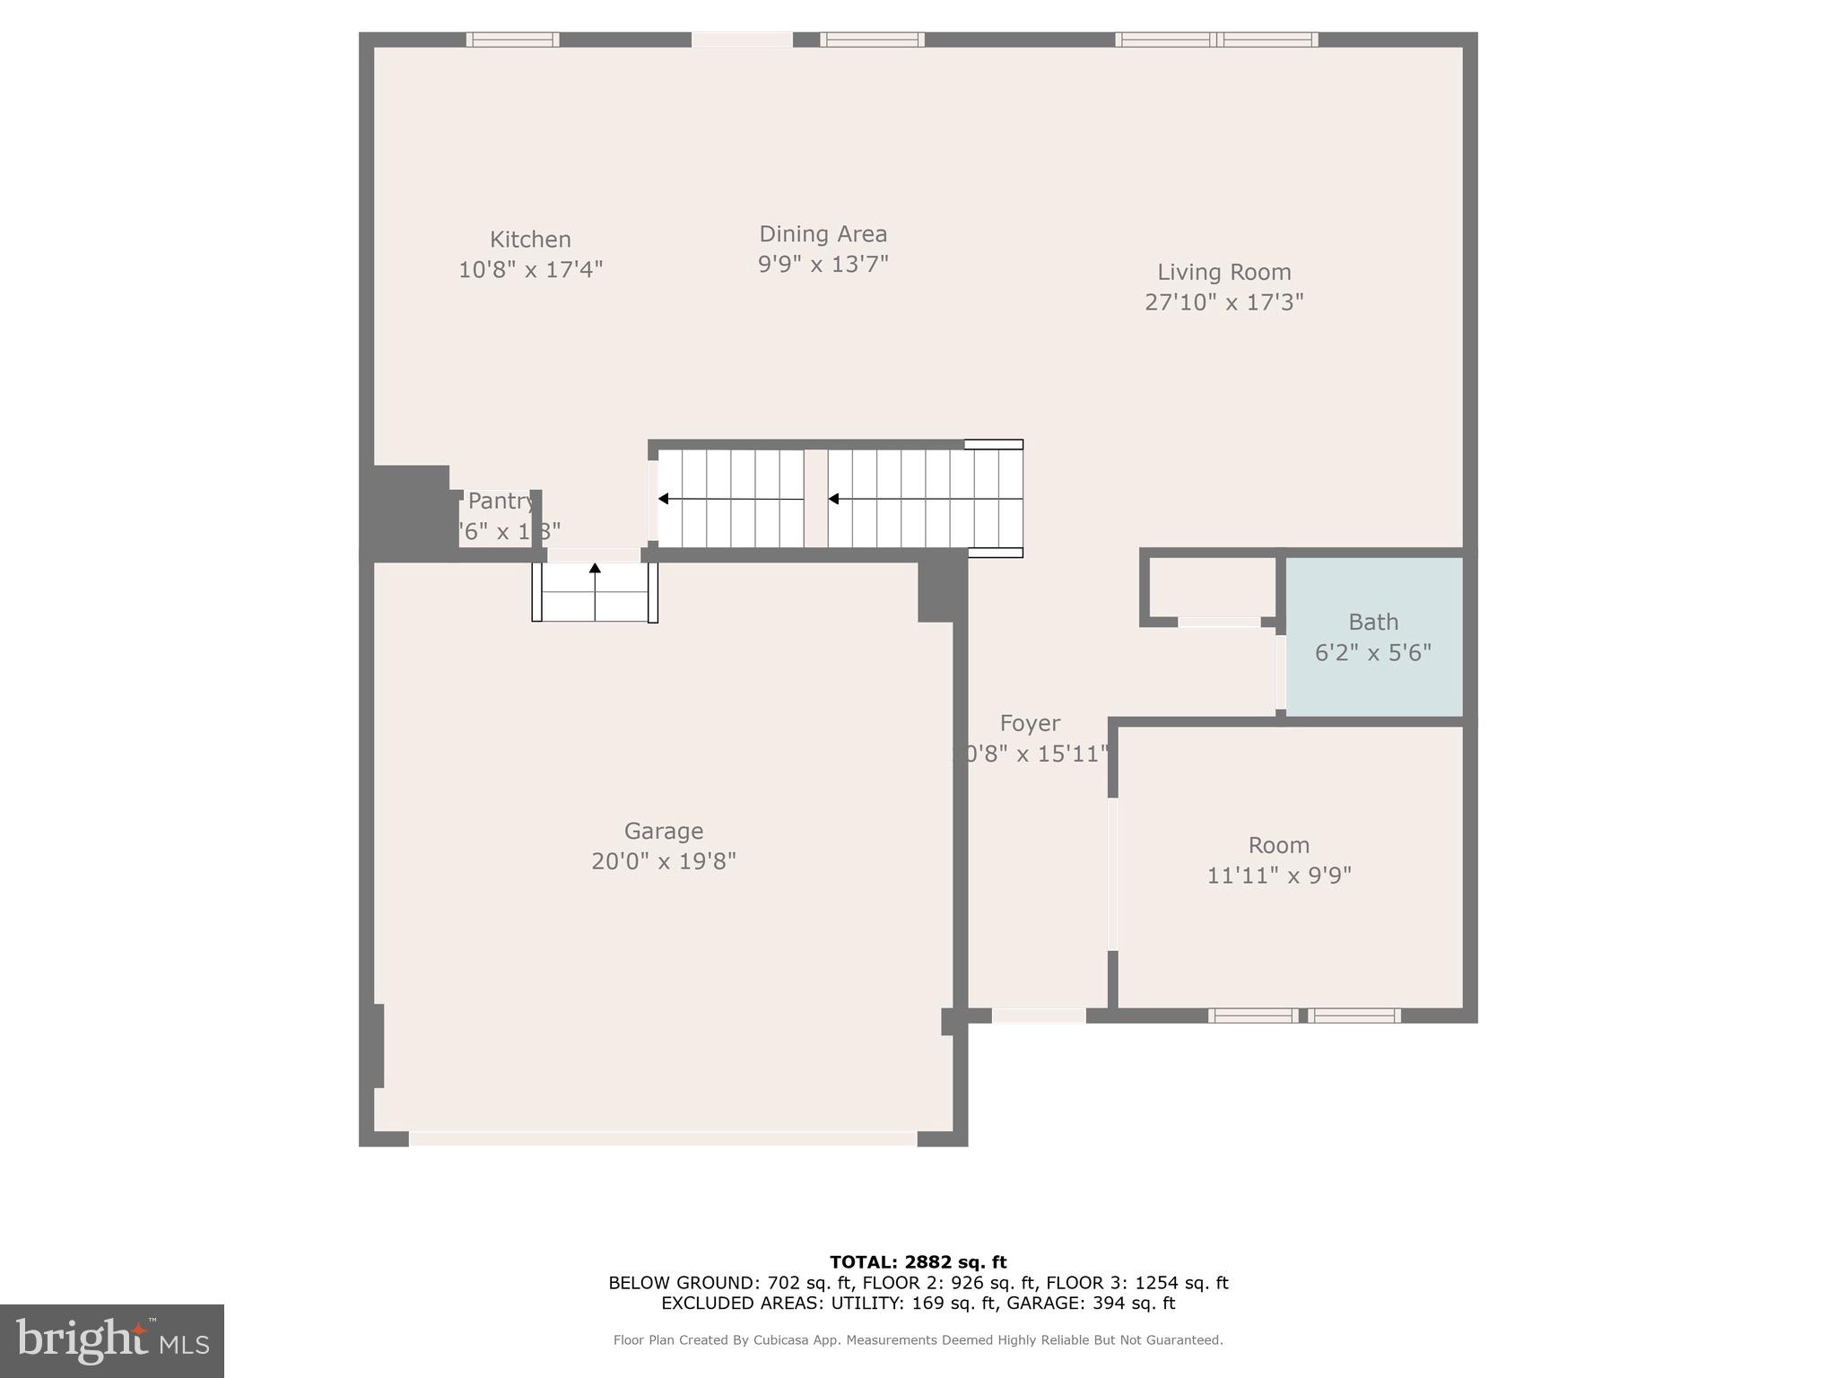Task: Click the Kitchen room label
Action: tap(530, 240)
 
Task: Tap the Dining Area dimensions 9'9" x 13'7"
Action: tap(823, 265)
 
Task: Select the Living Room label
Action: tap(1223, 272)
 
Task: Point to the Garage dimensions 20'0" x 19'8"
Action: tap(664, 861)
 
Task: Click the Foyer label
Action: tap(1030, 723)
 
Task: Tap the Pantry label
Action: tap(501, 501)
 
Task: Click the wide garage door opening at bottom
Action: tap(663, 1138)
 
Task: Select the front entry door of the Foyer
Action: tap(1039, 1016)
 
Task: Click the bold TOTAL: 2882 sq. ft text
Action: tap(918, 1262)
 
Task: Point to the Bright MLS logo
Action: tap(112, 1340)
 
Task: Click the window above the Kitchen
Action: tap(513, 39)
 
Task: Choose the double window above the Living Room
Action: tap(1216, 39)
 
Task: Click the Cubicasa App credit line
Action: tap(918, 1340)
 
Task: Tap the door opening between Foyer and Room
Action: tap(1113, 874)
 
